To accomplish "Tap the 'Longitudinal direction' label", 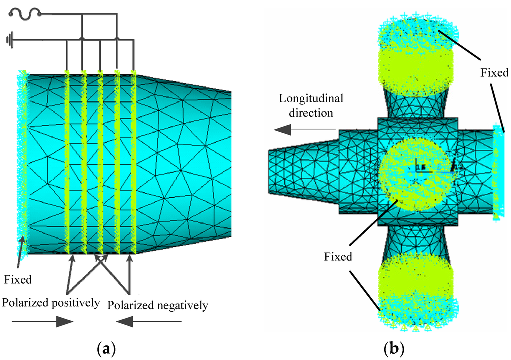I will click(306, 105).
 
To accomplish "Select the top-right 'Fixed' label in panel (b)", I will click(494, 73).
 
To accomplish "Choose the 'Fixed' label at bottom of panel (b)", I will click(338, 257).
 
